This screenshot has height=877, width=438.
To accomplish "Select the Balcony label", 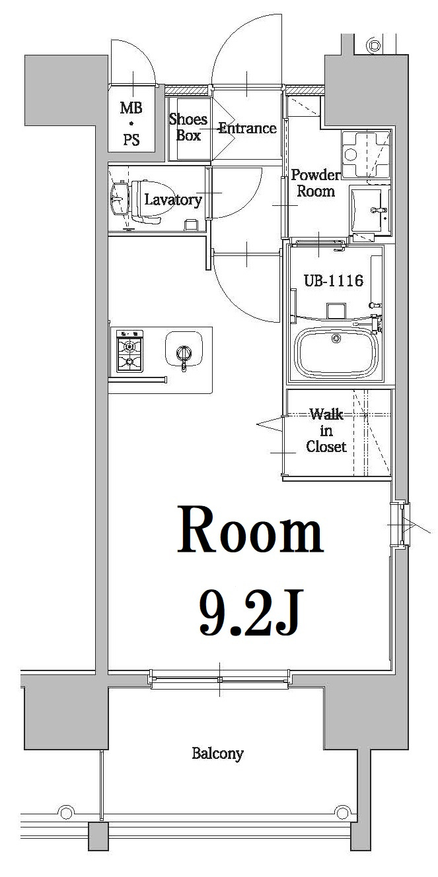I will coord(217,753).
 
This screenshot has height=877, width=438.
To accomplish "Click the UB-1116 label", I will coord(333,280).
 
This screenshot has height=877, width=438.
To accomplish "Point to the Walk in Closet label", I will coord(326,430).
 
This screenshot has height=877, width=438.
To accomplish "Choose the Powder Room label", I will coord(315,183).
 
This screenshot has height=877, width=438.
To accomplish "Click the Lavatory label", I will coord(172,200).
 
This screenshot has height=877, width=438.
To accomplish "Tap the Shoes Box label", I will coord(188,127).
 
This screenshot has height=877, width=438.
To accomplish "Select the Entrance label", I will coord(247,128).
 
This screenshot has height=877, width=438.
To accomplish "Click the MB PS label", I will coord(131,124).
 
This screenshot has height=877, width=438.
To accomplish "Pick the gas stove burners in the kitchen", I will coord(130,352).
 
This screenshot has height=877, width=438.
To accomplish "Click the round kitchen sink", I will coord(183,347).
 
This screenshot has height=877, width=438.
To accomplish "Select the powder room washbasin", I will coord(369,209).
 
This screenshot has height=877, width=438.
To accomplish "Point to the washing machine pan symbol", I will coord(365,154).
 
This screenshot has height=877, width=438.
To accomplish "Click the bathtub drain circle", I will coord(336,339).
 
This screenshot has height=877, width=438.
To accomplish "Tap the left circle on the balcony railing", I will coord(65,811).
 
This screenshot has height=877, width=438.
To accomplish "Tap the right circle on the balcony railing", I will coord(342,811).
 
